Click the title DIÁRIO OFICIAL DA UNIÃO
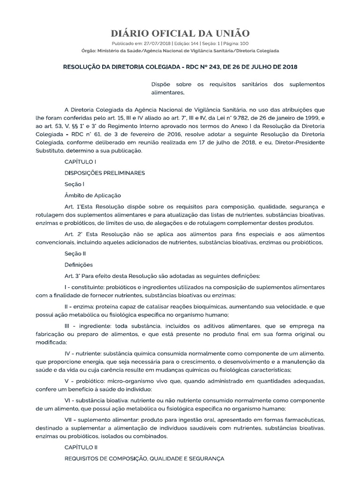click(180, 33)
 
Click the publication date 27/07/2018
click(147, 43)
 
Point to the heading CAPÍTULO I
click(80, 162)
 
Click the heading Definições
click(79, 264)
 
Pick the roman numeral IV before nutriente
click(69, 352)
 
